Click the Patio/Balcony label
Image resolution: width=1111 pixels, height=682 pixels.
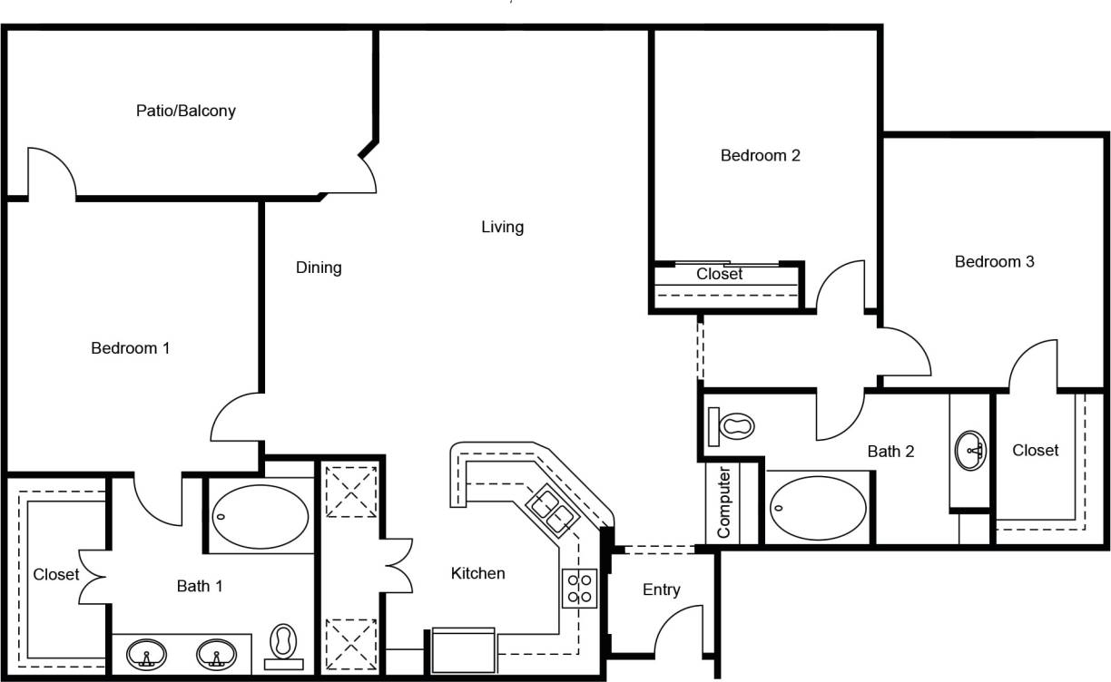point(186,111)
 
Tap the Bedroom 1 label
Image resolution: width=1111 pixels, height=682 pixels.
point(131,347)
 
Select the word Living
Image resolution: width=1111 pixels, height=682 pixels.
point(502,227)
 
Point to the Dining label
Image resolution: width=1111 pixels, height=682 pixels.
point(319,268)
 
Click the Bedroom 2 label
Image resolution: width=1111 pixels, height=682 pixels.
point(760,155)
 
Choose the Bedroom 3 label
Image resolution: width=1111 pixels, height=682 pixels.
point(994,261)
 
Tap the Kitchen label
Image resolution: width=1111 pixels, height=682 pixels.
point(477,573)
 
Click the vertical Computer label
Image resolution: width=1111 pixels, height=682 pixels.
point(724,502)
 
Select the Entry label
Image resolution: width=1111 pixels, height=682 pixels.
point(661,589)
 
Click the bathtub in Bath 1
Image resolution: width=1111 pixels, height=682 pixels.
point(260,516)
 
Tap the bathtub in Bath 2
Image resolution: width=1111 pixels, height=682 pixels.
point(814,509)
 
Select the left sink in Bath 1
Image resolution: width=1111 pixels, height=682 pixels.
point(146,653)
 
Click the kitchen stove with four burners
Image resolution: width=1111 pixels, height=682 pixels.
point(580,588)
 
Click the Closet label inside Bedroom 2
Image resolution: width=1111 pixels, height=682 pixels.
point(719,274)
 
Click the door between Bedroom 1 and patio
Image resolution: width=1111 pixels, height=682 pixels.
point(52,172)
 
